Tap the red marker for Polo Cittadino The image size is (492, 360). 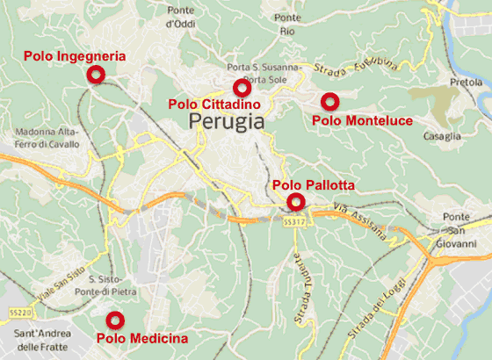tap(242, 88)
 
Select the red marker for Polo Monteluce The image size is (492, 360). tap(329, 101)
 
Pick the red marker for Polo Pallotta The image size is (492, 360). tap(296, 202)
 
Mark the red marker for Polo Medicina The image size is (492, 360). tap(114, 320)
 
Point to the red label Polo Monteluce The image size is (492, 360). tap(362, 119)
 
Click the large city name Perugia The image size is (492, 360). tap(226, 122)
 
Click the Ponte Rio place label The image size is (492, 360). tap(287, 24)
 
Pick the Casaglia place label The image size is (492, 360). tap(442, 136)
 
